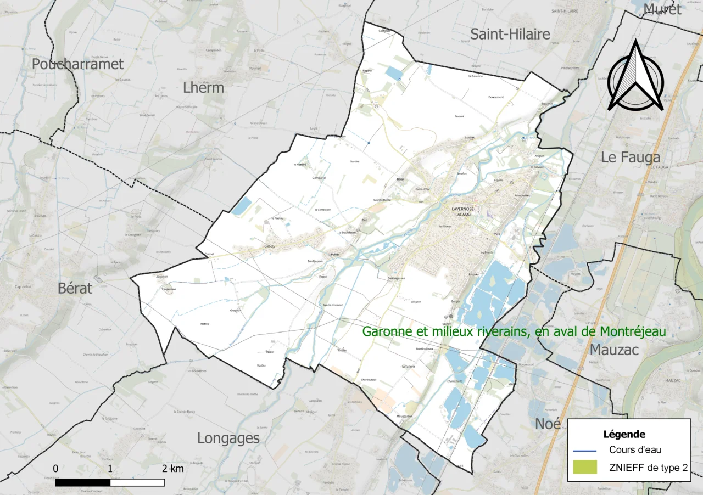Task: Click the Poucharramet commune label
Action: click(x=77, y=64)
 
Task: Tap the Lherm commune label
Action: click(x=203, y=87)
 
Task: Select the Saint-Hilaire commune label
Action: click(x=510, y=35)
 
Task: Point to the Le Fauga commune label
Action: click(x=630, y=157)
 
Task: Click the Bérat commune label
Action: click(x=75, y=288)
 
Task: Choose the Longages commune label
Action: click(x=228, y=438)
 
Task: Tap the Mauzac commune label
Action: click(x=614, y=349)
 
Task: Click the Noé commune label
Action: click(x=548, y=424)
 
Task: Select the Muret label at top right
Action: click(x=662, y=9)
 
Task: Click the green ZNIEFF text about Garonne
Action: click(x=514, y=331)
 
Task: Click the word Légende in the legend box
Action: click(x=624, y=434)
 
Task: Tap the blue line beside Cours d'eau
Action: click(x=584, y=451)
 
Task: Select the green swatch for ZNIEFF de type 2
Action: click(x=584, y=467)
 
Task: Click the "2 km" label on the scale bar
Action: click(x=172, y=469)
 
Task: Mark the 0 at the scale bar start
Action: click(x=55, y=469)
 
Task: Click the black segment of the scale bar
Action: click(x=82, y=482)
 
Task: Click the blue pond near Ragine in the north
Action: click(x=393, y=73)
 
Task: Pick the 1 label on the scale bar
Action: click(x=110, y=469)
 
